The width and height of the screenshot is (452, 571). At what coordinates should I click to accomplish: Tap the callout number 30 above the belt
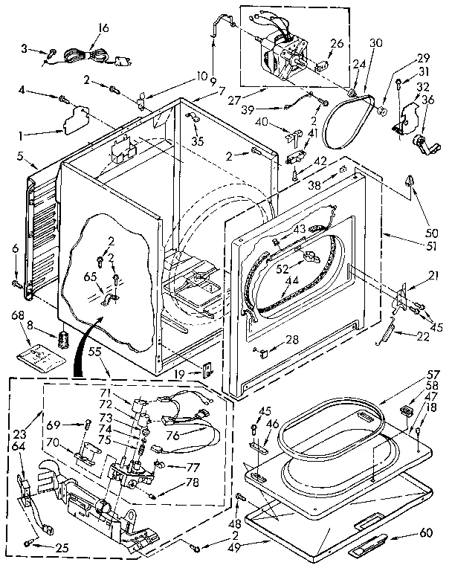pos(376,42)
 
